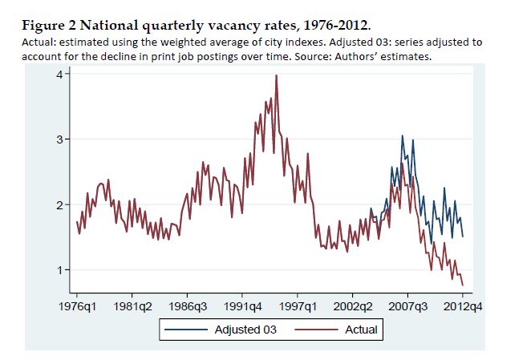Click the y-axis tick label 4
tap(59, 75)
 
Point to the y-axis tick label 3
tap(59, 140)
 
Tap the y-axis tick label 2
tap(59, 205)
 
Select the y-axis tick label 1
tap(59, 270)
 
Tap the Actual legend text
tap(361, 330)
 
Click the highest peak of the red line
tap(276, 75)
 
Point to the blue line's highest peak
tap(403, 136)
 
